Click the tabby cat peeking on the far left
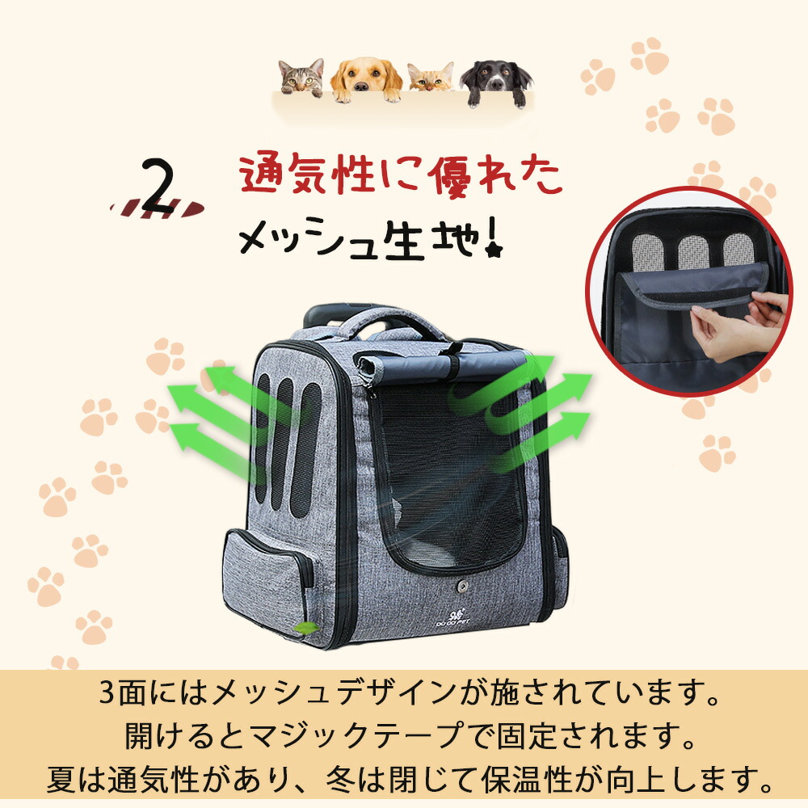click(x=301, y=78)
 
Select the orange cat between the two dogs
click(x=431, y=78)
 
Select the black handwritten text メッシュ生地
click(x=360, y=238)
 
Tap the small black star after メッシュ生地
click(x=494, y=251)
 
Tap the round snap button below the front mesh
click(x=461, y=587)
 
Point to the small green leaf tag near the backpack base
click(x=305, y=628)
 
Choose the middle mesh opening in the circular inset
click(x=693, y=252)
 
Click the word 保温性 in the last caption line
click(x=527, y=780)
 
